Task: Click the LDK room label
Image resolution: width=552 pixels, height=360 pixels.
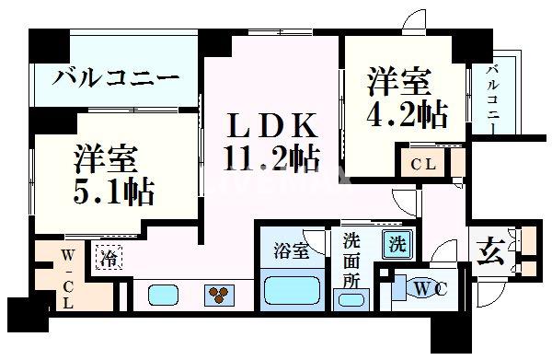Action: coord(273,124)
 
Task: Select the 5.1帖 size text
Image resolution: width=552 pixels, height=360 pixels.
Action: coord(113,192)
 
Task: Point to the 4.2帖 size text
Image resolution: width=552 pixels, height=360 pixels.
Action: coord(407,113)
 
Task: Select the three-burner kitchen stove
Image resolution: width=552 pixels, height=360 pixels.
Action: coord(222,296)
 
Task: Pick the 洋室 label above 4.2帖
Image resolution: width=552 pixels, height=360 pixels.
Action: coord(401,81)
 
